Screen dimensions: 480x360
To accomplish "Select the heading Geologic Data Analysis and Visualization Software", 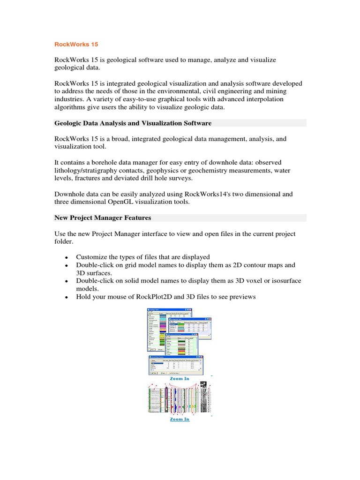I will coord(133,123).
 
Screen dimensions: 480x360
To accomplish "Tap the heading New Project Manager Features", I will coord(103,218).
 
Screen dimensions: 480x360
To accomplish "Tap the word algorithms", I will coord(70,107).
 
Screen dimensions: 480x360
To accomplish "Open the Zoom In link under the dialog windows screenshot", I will coord(180,378).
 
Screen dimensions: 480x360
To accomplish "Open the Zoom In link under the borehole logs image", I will coord(180,419).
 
